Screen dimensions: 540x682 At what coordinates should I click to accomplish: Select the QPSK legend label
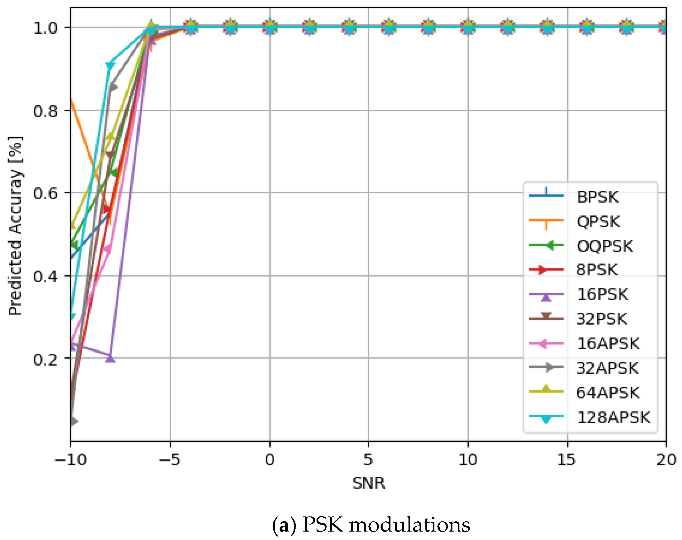click(x=598, y=222)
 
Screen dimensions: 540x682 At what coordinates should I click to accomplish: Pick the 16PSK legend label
click(x=602, y=294)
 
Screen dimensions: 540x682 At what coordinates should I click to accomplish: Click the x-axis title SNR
click(x=369, y=483)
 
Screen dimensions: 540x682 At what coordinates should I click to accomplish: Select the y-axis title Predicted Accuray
click(x=15, y=226)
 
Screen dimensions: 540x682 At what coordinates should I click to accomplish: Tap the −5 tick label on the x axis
click(x=170, y=460)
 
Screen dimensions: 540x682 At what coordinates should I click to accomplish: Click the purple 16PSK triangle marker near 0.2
click(x=110, y=359)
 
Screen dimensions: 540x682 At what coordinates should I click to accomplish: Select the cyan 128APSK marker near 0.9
click(x=110, y=65)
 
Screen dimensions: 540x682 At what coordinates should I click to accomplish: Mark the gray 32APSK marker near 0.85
click(x=112, y=87)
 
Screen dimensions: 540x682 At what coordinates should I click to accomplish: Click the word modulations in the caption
click(x=409, y=525)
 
